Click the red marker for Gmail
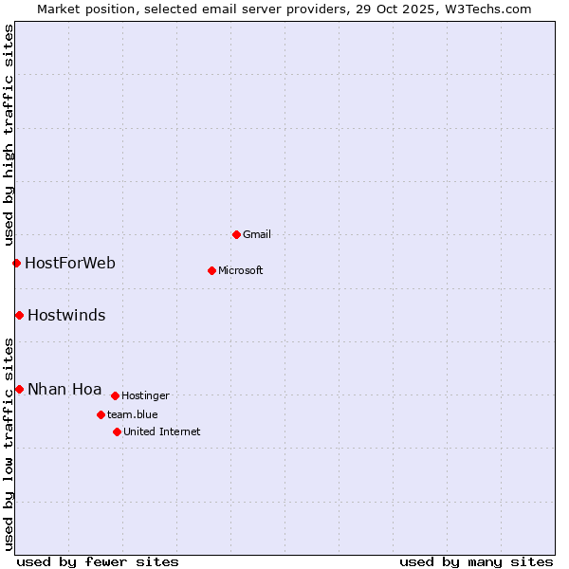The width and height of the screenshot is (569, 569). click(x=236, y=234)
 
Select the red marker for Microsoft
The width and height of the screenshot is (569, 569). click(x=211, y=270)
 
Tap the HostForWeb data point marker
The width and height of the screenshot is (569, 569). click(x=16, y=263)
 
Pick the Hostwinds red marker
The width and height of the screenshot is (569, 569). click(x=19, y=315)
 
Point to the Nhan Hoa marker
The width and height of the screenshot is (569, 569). click(x=19, y=389)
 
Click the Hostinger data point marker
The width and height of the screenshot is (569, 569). click(x=115, y=395)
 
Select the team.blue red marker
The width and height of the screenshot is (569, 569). click(x=101, y=414)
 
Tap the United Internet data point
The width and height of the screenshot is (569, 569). click(x=117, y=431)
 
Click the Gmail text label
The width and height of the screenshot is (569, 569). click(x=257, y=234)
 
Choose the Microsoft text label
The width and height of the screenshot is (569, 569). click(x=241, y=270)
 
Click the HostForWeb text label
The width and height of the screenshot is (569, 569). click(x=70, y=263)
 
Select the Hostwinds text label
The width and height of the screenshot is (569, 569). click(x=66, y=315)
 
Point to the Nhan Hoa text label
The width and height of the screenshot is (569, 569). click(x=64, y=389)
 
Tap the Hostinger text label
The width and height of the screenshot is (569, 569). click(x=146, y=395)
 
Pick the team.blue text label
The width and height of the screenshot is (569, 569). click(x=133, y=414)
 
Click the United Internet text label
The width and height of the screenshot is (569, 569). click(x=162, y=431)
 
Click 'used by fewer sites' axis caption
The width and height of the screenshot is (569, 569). click(x=98, y=561)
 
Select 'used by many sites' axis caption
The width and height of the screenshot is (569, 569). click(x=476, y=561)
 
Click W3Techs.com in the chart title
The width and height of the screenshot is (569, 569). click(x=486, y=9)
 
